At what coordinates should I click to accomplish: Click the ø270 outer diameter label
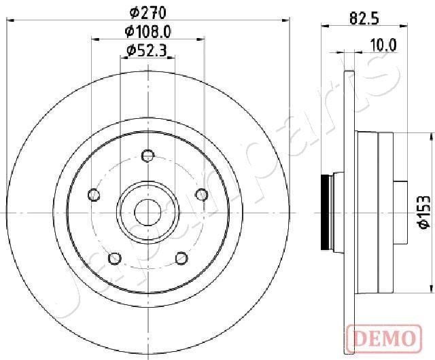[148, 12]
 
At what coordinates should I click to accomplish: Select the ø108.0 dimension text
[147, 31]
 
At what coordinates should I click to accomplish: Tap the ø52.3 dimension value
[147, 49]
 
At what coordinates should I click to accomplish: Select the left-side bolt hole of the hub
[94, 196]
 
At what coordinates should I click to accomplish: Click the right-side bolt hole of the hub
[201, 196]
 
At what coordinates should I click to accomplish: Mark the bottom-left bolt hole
[115, 258]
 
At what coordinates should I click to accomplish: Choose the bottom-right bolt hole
[181, 258]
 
